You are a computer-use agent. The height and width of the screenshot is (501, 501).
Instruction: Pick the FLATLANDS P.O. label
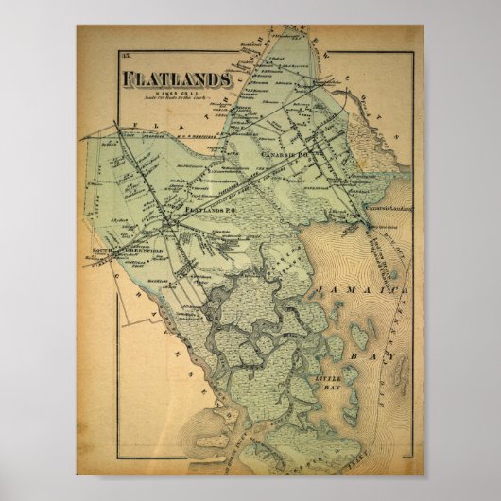point(210,208)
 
